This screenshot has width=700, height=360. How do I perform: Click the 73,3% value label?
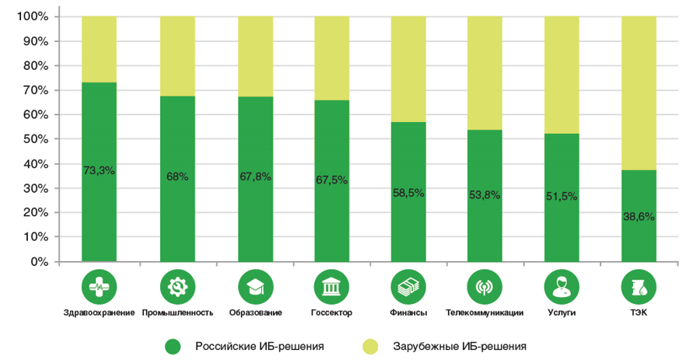[x=99, y=170]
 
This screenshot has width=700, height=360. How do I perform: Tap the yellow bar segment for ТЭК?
[x=639, y=93]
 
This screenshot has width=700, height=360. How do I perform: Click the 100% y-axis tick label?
[x=33, y=16]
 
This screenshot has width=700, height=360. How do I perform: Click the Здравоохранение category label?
[x=99, y=313]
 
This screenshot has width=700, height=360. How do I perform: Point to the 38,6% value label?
[x=639, y=217]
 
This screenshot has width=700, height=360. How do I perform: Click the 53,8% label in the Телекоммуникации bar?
[x=485, y=194]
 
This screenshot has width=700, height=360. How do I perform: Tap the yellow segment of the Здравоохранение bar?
[x=99, y=49]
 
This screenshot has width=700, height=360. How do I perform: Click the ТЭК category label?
[x=639, y=313]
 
